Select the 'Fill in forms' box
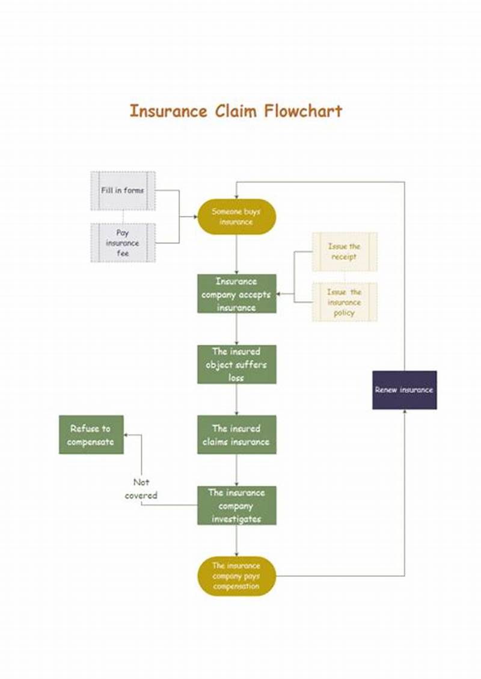pyautogui.click(x=123, y=191)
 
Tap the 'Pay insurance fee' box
pyautogui.click(x=123, y=243)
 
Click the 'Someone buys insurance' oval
pyautogui.click(x=236, y=217)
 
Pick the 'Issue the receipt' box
pyautogui.click(x=344, y=251)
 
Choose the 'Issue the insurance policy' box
pyautogui.click(x=344, y=302)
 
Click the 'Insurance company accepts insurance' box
pyautogui.click(x=236, y=294)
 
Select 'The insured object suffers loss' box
pyautogui.click(x=236, y=364)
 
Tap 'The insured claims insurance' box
pyautogui.click(x=236, y=435)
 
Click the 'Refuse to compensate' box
pyautogui.click(x=91, y=435)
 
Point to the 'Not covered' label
pyautogui.click(x=141, y=488)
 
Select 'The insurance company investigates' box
pyautogui.click(x=236, y=505)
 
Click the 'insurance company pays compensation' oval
pyautogui.click(x=236, y=576)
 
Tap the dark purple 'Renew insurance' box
pyautogui.click(x=404, y=390)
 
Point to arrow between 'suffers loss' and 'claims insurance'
pyautogui.click(x=236, y=400)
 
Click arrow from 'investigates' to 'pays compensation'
pyautogui.click(x=236, y=541)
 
